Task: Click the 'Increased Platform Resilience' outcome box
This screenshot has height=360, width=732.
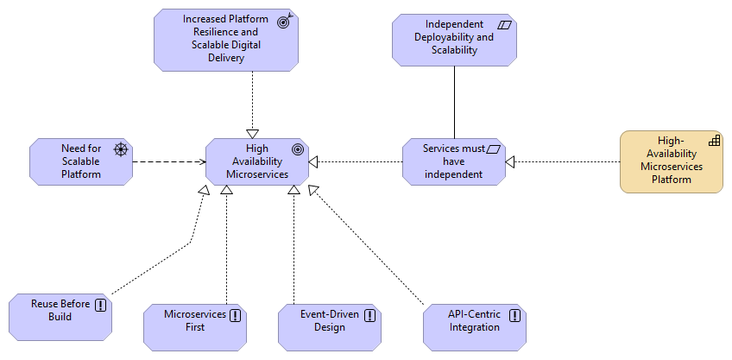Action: pos(226,40)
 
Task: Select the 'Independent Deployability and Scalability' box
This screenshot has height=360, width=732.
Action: pos(454,38)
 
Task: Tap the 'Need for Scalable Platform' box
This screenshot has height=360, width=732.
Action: pos(81,161)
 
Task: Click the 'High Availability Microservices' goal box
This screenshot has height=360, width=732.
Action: pos(257,161)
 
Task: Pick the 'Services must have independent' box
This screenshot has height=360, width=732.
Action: pos(454,161)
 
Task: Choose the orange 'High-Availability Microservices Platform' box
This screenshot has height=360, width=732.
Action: pos(672,161)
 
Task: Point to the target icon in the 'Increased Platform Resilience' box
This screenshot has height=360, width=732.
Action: pos(283,22)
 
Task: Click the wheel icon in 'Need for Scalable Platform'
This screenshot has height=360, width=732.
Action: pos(121,149)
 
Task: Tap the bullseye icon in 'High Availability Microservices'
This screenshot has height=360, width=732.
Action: pos(298,149)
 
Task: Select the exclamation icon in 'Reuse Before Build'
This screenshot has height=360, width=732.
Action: pos(101,305)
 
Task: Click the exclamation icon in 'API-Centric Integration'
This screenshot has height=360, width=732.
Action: pos(515,315)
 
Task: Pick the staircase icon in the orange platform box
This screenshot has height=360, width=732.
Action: pos(715,140)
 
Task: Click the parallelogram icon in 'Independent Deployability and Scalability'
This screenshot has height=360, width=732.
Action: pos(505,25)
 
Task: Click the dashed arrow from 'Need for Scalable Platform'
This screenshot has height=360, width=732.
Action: pos(168,161)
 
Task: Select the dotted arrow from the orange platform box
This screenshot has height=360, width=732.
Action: pos(565,161)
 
